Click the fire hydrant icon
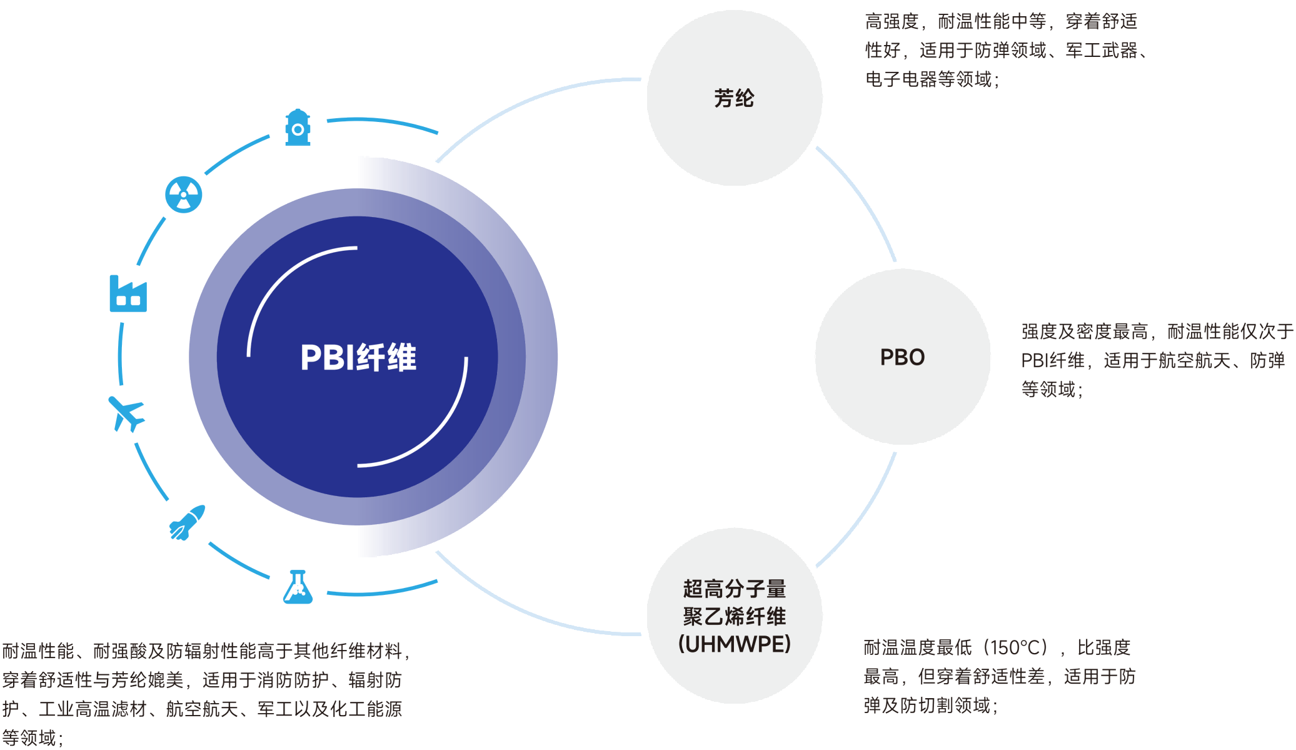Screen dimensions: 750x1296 298,128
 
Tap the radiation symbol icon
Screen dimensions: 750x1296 183,195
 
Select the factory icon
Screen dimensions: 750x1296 128,294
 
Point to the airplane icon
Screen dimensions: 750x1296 127,413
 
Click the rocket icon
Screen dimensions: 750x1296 187,523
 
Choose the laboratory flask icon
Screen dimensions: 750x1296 298,587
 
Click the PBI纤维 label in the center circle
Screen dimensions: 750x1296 358,358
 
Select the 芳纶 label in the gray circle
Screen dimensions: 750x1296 734,98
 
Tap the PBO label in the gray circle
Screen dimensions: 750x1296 902,357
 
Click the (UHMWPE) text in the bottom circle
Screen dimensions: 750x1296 734,644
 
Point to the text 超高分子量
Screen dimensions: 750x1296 734,589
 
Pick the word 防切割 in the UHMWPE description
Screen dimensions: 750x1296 927,706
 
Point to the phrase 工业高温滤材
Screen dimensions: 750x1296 93,709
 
